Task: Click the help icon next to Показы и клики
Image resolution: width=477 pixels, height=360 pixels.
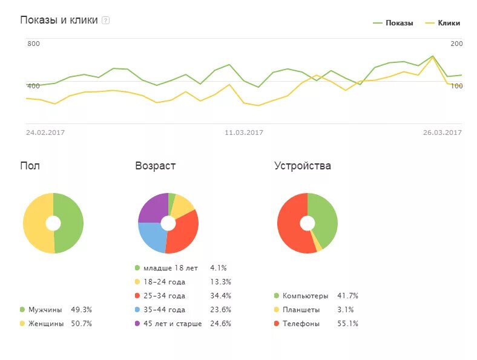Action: pos(106,21)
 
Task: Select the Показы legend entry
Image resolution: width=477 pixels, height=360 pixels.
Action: pos(399,23)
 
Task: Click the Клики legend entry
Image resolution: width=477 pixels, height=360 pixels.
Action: pos(449,23)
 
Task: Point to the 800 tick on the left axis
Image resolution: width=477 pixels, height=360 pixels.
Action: pos(33,44)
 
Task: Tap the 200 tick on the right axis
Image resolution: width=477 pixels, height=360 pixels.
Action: pos(456,44)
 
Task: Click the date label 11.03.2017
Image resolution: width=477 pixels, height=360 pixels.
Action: pos(243,133)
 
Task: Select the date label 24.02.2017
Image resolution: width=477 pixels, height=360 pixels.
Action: pos(45,133)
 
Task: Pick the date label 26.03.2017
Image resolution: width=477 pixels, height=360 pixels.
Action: pos(442,133)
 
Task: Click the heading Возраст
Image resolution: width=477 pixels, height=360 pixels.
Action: pos(156,166)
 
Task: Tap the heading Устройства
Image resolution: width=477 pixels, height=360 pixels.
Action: pos(302,166)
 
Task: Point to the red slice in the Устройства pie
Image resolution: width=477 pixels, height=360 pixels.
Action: pos(291,227)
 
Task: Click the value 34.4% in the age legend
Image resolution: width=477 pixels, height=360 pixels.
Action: pos(220,296)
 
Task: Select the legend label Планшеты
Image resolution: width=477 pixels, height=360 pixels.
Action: pos(300,310)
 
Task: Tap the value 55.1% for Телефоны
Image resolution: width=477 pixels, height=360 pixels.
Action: pos(347,324)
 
